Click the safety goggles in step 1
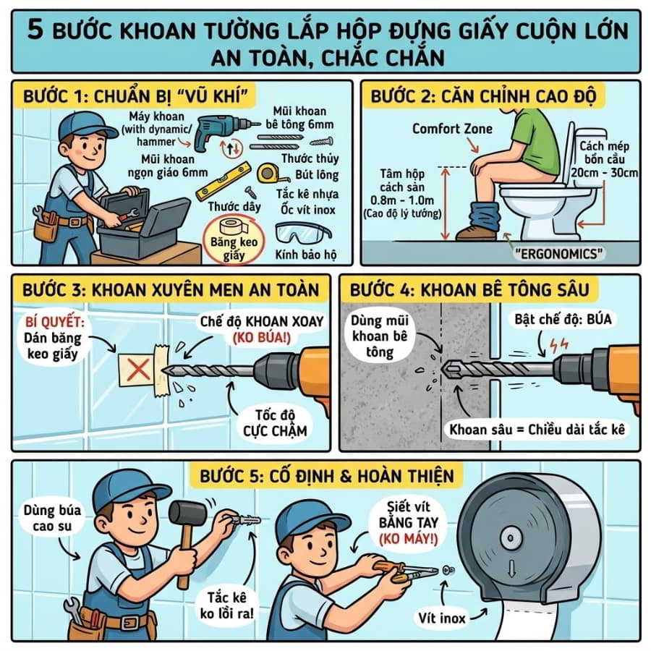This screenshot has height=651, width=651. coord(303,234)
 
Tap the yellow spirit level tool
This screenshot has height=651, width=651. coord(224,181)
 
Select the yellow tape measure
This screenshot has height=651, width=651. coord(271,173)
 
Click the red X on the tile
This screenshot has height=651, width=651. coord(138,370)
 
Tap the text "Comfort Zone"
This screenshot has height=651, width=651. coord(452,129)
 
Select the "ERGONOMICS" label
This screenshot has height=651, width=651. coord(558,253)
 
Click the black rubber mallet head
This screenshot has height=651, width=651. coord(188,514)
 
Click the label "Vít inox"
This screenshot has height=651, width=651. coord(442,618)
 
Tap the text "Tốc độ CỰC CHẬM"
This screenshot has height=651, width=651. coord(275,422)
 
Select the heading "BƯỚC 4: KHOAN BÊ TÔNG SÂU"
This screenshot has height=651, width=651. coord(469,290)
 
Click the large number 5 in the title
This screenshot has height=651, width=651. coord(35,29)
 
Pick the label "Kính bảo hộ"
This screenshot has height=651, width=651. coord(305,254)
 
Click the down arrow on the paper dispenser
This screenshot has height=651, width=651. coord(511,569)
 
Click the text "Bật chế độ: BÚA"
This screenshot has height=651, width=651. coord(563,319)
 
